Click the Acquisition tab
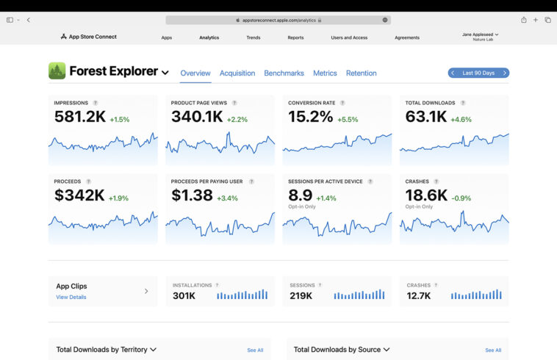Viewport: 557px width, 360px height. [237, 73]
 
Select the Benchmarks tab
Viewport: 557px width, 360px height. [284, 73]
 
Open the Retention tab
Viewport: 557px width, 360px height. [361, 73]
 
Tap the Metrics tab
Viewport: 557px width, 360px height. [325, 73]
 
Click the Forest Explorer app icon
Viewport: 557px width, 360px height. [57, 71]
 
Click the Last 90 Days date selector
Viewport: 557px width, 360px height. [478, 73]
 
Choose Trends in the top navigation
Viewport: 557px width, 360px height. [254, 37]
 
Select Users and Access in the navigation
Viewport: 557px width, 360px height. [349, 37]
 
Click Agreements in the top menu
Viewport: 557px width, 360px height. [407, 37]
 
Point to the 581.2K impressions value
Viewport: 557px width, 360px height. [79, 116]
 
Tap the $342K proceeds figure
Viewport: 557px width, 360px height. [79, 195]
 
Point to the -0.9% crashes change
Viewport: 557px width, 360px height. [461, 198]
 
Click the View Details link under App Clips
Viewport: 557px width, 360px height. [71, 297]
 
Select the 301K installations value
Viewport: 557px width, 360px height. [184, 295]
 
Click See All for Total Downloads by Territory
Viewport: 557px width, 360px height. [255, 350]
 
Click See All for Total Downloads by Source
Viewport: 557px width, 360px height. [493, 350]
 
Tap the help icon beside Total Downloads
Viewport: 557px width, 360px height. [463, 103]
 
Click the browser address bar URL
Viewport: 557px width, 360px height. [278, 20]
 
